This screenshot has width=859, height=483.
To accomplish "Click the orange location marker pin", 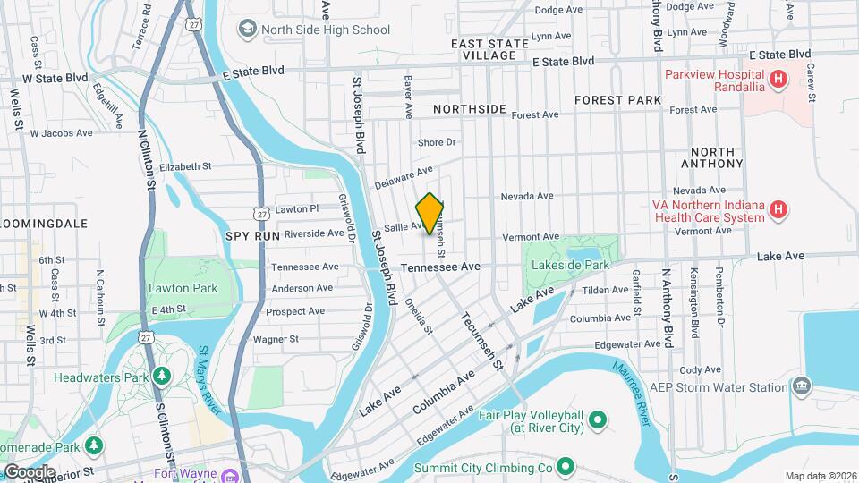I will [x=429, y=213].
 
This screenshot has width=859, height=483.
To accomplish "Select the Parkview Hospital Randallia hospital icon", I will [x=778, y=80].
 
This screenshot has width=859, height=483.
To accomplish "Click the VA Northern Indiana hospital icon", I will [x=778, y=210].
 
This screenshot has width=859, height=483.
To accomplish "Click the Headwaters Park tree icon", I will [x=161, y=376].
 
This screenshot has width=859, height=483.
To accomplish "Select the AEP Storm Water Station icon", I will [x=802, y=386].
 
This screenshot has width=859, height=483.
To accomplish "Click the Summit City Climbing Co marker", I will [x=566, y=466].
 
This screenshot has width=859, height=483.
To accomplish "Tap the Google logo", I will [x=29, y=471].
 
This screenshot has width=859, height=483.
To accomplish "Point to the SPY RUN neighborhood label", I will [x=253, y=234].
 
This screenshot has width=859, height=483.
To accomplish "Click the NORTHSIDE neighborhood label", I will [x=469, y=108].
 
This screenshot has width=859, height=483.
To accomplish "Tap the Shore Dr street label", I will [x=437, y=142].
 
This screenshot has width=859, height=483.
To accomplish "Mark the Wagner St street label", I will [x=276, y=339].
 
